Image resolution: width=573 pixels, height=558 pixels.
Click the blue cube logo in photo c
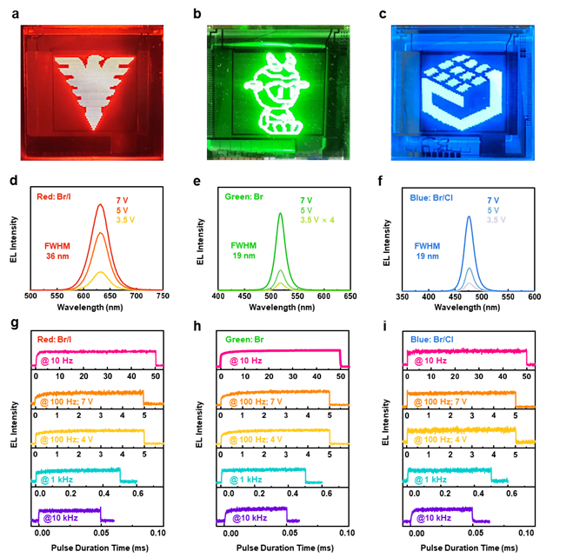[x=476, y=94]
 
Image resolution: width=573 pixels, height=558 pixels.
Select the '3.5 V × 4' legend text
[x=318, y=221]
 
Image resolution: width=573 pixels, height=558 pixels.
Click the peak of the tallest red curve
[x=100, y=205]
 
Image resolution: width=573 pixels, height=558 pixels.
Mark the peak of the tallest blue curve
[x=469, y=216]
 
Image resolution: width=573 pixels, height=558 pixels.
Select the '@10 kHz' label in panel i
[x=437, y=519]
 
